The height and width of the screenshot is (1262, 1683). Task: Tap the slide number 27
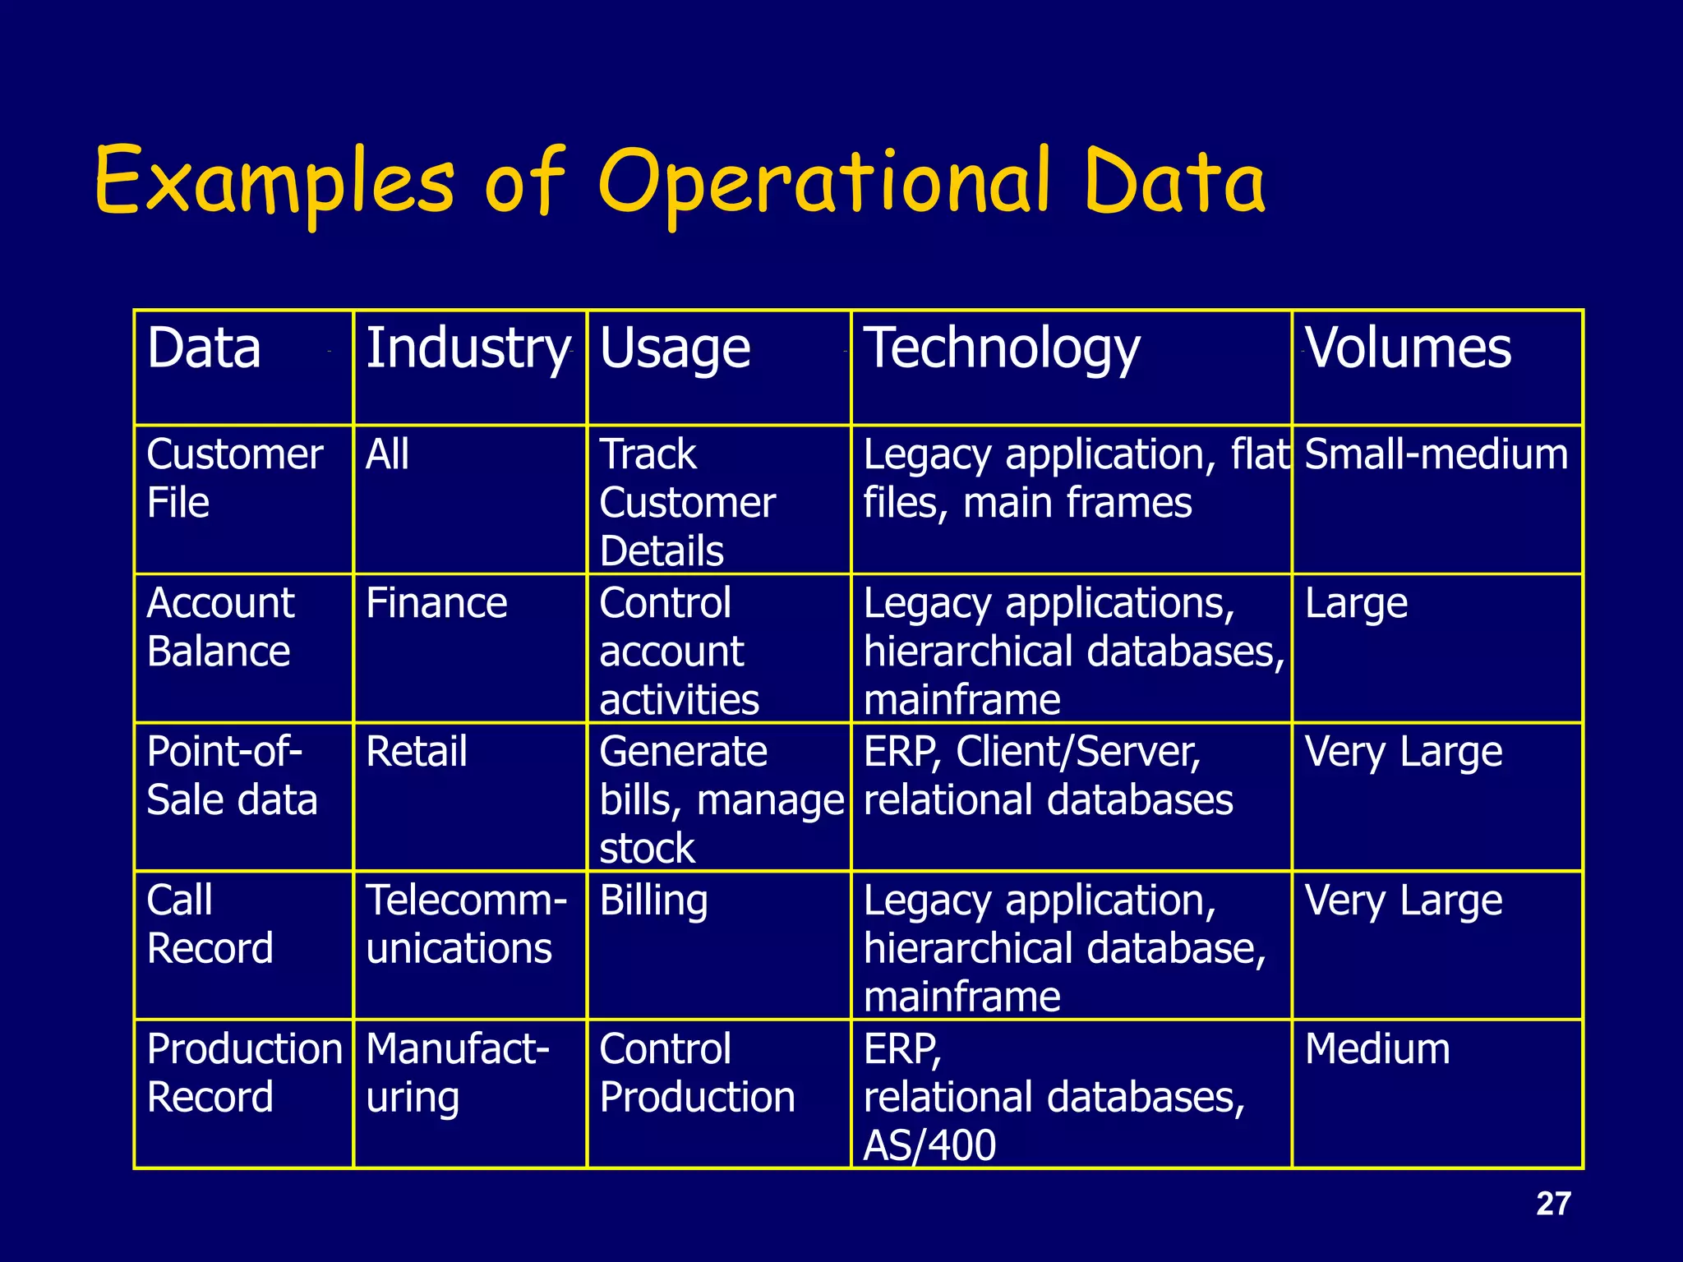[x=1553, y=1204]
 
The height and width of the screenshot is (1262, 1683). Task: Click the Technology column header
[x=1002, y=348]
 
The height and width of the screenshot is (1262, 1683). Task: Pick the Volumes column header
[x=1408, y=348]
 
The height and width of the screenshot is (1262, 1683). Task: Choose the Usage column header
[x=675, y=348]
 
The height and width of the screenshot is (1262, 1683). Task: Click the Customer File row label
[x=234, y=478]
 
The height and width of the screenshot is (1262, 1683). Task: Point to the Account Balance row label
[x=219, y=627]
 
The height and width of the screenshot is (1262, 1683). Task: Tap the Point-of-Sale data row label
[x=231, y=776]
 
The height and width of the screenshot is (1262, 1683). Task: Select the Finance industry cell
[x=436, y=603]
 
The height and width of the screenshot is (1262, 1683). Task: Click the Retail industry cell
[x=417, y=752]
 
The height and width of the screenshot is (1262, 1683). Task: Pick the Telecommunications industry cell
[x=465, y=924]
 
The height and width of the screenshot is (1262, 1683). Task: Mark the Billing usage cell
[x=653, y=900]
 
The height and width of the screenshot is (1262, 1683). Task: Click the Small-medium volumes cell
[x=1436, y=454]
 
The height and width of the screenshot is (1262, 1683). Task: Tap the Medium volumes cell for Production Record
[x=1377, y=1049]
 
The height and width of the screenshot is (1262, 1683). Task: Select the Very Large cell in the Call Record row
[x=1404, y=900]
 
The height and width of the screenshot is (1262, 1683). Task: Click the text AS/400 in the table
[x=929, y=1145]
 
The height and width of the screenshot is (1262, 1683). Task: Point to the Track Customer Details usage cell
[x=687, y=502]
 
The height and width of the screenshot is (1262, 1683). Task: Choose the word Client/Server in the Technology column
[x=1078, y=752]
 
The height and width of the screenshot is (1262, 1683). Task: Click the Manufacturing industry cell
[x=457, y=1073]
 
